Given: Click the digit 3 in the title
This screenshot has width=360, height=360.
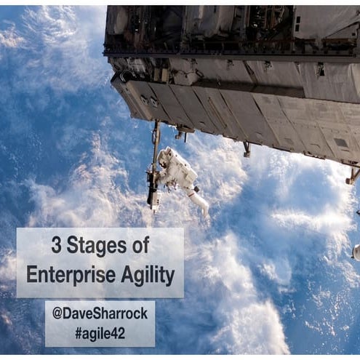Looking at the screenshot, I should click(x=56, y=246).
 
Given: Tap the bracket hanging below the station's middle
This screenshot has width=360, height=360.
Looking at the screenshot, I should click(x=247, y=149).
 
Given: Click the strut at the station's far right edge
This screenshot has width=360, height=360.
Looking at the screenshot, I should click(x=353, y=175).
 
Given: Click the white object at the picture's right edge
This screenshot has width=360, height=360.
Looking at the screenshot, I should click(x=356, y=252).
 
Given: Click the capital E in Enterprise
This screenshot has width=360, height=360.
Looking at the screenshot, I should click(x=32, y=274).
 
